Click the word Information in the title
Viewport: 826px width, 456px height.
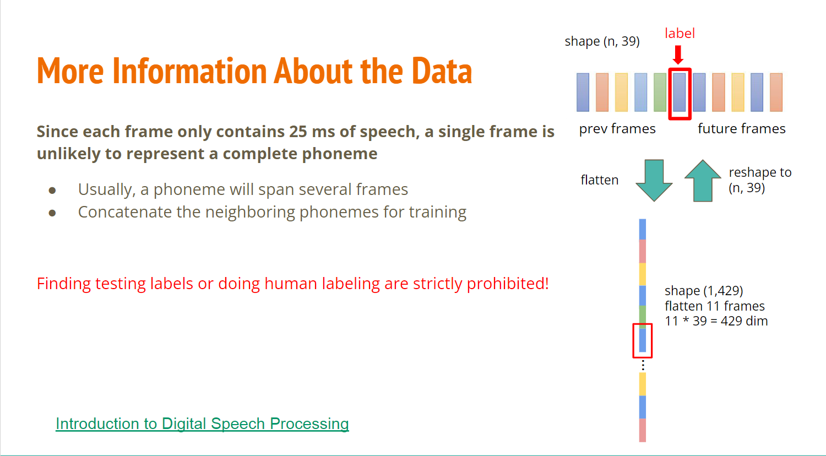189,71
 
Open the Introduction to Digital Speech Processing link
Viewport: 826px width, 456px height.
202,424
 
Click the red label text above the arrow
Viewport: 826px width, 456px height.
680,33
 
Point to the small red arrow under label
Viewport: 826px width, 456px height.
678,55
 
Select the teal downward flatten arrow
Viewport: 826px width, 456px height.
654,180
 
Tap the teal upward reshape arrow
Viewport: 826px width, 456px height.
703,181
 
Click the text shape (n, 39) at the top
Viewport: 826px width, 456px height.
602,41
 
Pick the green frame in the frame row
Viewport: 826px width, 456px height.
660,92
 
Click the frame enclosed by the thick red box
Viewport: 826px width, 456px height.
679,92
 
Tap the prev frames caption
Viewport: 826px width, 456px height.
617,129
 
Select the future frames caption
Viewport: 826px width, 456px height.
742,129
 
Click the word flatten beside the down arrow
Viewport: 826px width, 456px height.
600,180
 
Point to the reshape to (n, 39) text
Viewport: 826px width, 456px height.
760,180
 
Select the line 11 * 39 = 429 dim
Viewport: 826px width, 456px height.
716,321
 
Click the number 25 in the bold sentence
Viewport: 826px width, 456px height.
298,132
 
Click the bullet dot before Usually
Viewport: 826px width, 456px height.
52,191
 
